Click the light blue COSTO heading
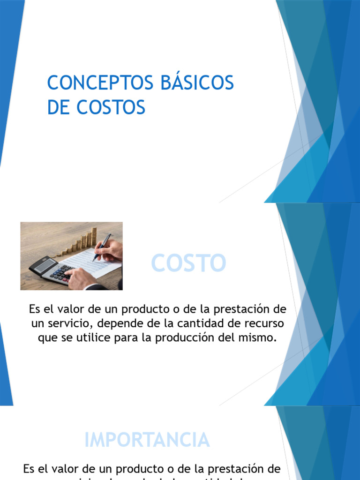[x=188, y=263]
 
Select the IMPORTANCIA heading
[x=147, y=440]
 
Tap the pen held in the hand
[x=102, y=247]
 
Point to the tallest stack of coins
[x=94, y=237]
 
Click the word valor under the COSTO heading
[x=66, y=310]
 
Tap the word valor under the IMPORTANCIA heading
[x=60, y=469]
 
